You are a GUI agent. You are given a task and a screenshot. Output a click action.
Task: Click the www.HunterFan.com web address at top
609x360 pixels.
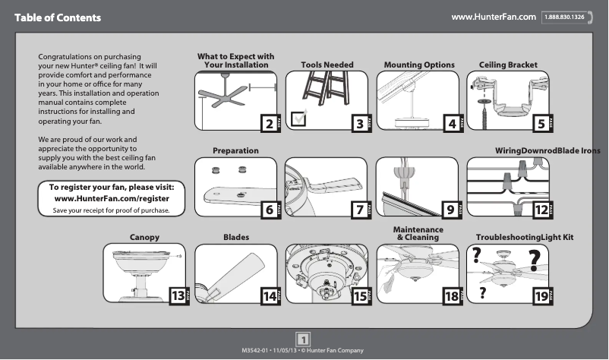pyautogui.click(x=494, y=17)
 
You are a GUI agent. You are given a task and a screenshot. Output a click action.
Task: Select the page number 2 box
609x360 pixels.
pyautogui.click(x=267, y=123)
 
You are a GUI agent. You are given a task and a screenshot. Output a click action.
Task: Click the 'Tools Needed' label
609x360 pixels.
pyautogui.click(x=327, y=65)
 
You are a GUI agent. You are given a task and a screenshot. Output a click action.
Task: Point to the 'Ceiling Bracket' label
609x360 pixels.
pyautogui.click(x=508, y=65)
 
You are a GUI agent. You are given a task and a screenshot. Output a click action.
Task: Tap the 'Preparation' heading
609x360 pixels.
pyautogui.click(x=235, y=151)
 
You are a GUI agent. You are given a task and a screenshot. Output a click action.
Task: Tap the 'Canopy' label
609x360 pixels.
pyautogui.click(x=144, y=238)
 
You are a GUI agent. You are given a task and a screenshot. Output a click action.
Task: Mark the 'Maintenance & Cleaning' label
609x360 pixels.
pyautogui.click(x=418, y=233)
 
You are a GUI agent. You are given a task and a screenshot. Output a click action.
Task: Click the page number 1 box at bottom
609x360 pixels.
pyautogui.click(x=303, y=338)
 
